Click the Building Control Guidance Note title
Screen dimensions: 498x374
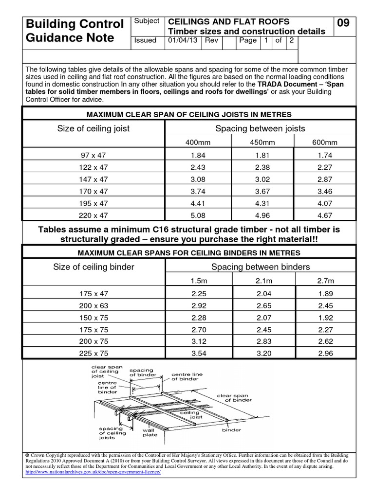(75, 31)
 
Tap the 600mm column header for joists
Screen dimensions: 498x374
(325, 142)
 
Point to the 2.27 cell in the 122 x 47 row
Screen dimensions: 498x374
(325, 166)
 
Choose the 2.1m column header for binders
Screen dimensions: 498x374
(262, 281)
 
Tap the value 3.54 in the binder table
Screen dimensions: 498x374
(198, 353)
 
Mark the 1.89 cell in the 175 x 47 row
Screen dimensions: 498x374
(325, 293)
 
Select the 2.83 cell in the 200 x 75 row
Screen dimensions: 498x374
(262, 341)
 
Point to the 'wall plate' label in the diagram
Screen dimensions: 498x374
(149, 433)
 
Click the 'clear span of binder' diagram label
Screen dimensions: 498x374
(234, 398)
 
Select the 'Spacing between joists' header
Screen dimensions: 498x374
(260, 128)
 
